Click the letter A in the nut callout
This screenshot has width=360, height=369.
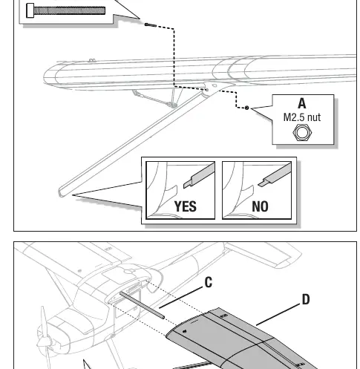pos(302,103)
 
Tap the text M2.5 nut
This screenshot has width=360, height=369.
pos(302,117)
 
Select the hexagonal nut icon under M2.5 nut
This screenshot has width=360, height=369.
pos(302,132)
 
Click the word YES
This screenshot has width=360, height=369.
pos(186,206)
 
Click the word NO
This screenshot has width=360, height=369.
pos(260,206)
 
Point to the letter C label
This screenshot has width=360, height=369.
pos(209,282)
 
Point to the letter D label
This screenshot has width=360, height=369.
pos(306,299)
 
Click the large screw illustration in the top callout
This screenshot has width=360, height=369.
pos(66,10)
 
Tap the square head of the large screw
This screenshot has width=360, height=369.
pos(30,10)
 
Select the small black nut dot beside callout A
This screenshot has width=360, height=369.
pos(246,108)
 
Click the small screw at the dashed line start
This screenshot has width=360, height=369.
pos(151,25)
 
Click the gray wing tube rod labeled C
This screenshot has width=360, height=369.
pos(142,305)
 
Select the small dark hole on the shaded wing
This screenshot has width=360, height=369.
pos(185,331)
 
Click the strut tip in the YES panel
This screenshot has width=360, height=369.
pos(187,184)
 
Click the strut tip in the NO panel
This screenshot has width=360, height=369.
pos(262,183)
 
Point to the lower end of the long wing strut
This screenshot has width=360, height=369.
pos(61,192)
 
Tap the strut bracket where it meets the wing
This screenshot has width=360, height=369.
pos(210,88)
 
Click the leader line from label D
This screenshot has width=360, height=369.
pos(278,315)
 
